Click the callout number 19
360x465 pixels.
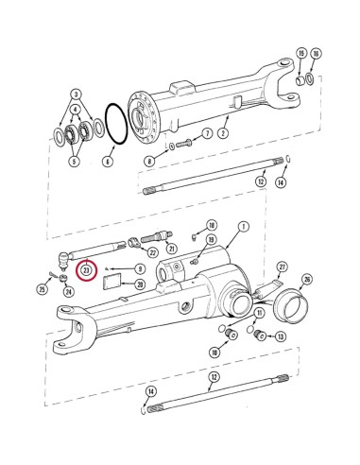(x=300, y=53)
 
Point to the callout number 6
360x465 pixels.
(x=107, y=163)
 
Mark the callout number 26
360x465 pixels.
(x=306, y=280)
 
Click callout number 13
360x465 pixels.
(x=280, y=337)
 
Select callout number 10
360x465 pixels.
(x=214, y=353)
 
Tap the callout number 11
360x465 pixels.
(x=260, y=314)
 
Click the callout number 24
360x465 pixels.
(x=68, y=291)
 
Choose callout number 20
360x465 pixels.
(x=139, y=284)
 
